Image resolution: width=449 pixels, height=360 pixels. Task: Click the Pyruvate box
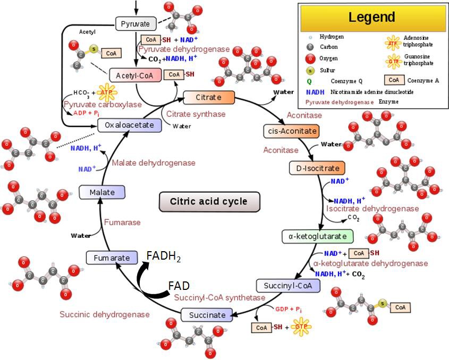click(135, 24)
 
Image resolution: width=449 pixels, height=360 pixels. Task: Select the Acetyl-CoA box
click(134, 75)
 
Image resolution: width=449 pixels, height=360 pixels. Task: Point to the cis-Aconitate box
click(290, 131)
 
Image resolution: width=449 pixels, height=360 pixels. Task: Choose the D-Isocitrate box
click(317, 168)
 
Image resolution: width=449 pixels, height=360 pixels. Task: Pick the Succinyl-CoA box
click(289, 286)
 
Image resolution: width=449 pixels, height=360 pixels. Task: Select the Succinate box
click(207, 315)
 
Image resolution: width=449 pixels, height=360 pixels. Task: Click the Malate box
click(101, 192)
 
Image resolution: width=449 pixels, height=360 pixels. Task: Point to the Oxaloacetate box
click(129, 125)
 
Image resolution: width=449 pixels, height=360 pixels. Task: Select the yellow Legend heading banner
click(372, 17)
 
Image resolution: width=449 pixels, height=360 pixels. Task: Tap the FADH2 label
click(164, 258)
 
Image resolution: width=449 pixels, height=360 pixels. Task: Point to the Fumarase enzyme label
click(123, 222)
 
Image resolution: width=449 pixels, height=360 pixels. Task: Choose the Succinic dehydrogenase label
click(104, 314)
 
